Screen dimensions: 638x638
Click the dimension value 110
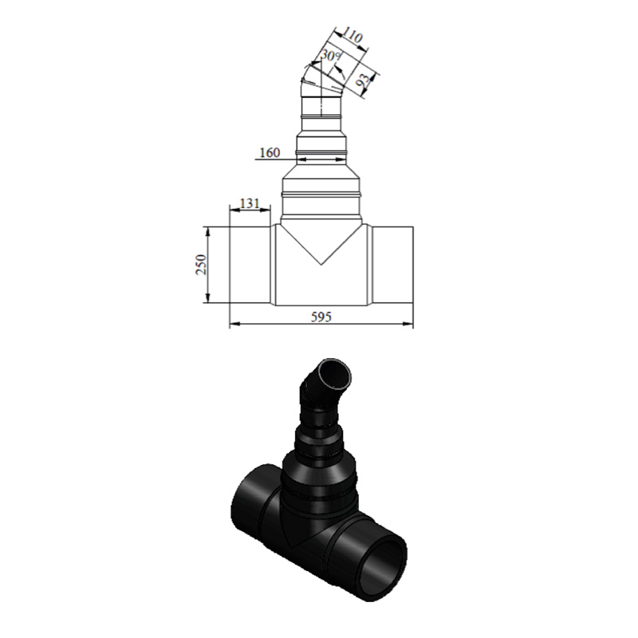tap(352, 37)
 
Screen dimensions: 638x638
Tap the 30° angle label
tap(331, 55)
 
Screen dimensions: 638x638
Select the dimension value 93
tap(364, 82)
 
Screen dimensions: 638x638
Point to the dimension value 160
tap(270, 152)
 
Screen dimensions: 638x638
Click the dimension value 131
tap(250, 203)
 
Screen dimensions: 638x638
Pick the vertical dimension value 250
tap(202, 265)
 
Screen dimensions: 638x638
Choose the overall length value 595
tap(321, 317)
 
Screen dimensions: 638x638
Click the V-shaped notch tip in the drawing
tap(321, 265)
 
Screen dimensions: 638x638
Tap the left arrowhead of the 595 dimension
tap(234, 325)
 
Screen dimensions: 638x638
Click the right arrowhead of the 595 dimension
tap(408, 325)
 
